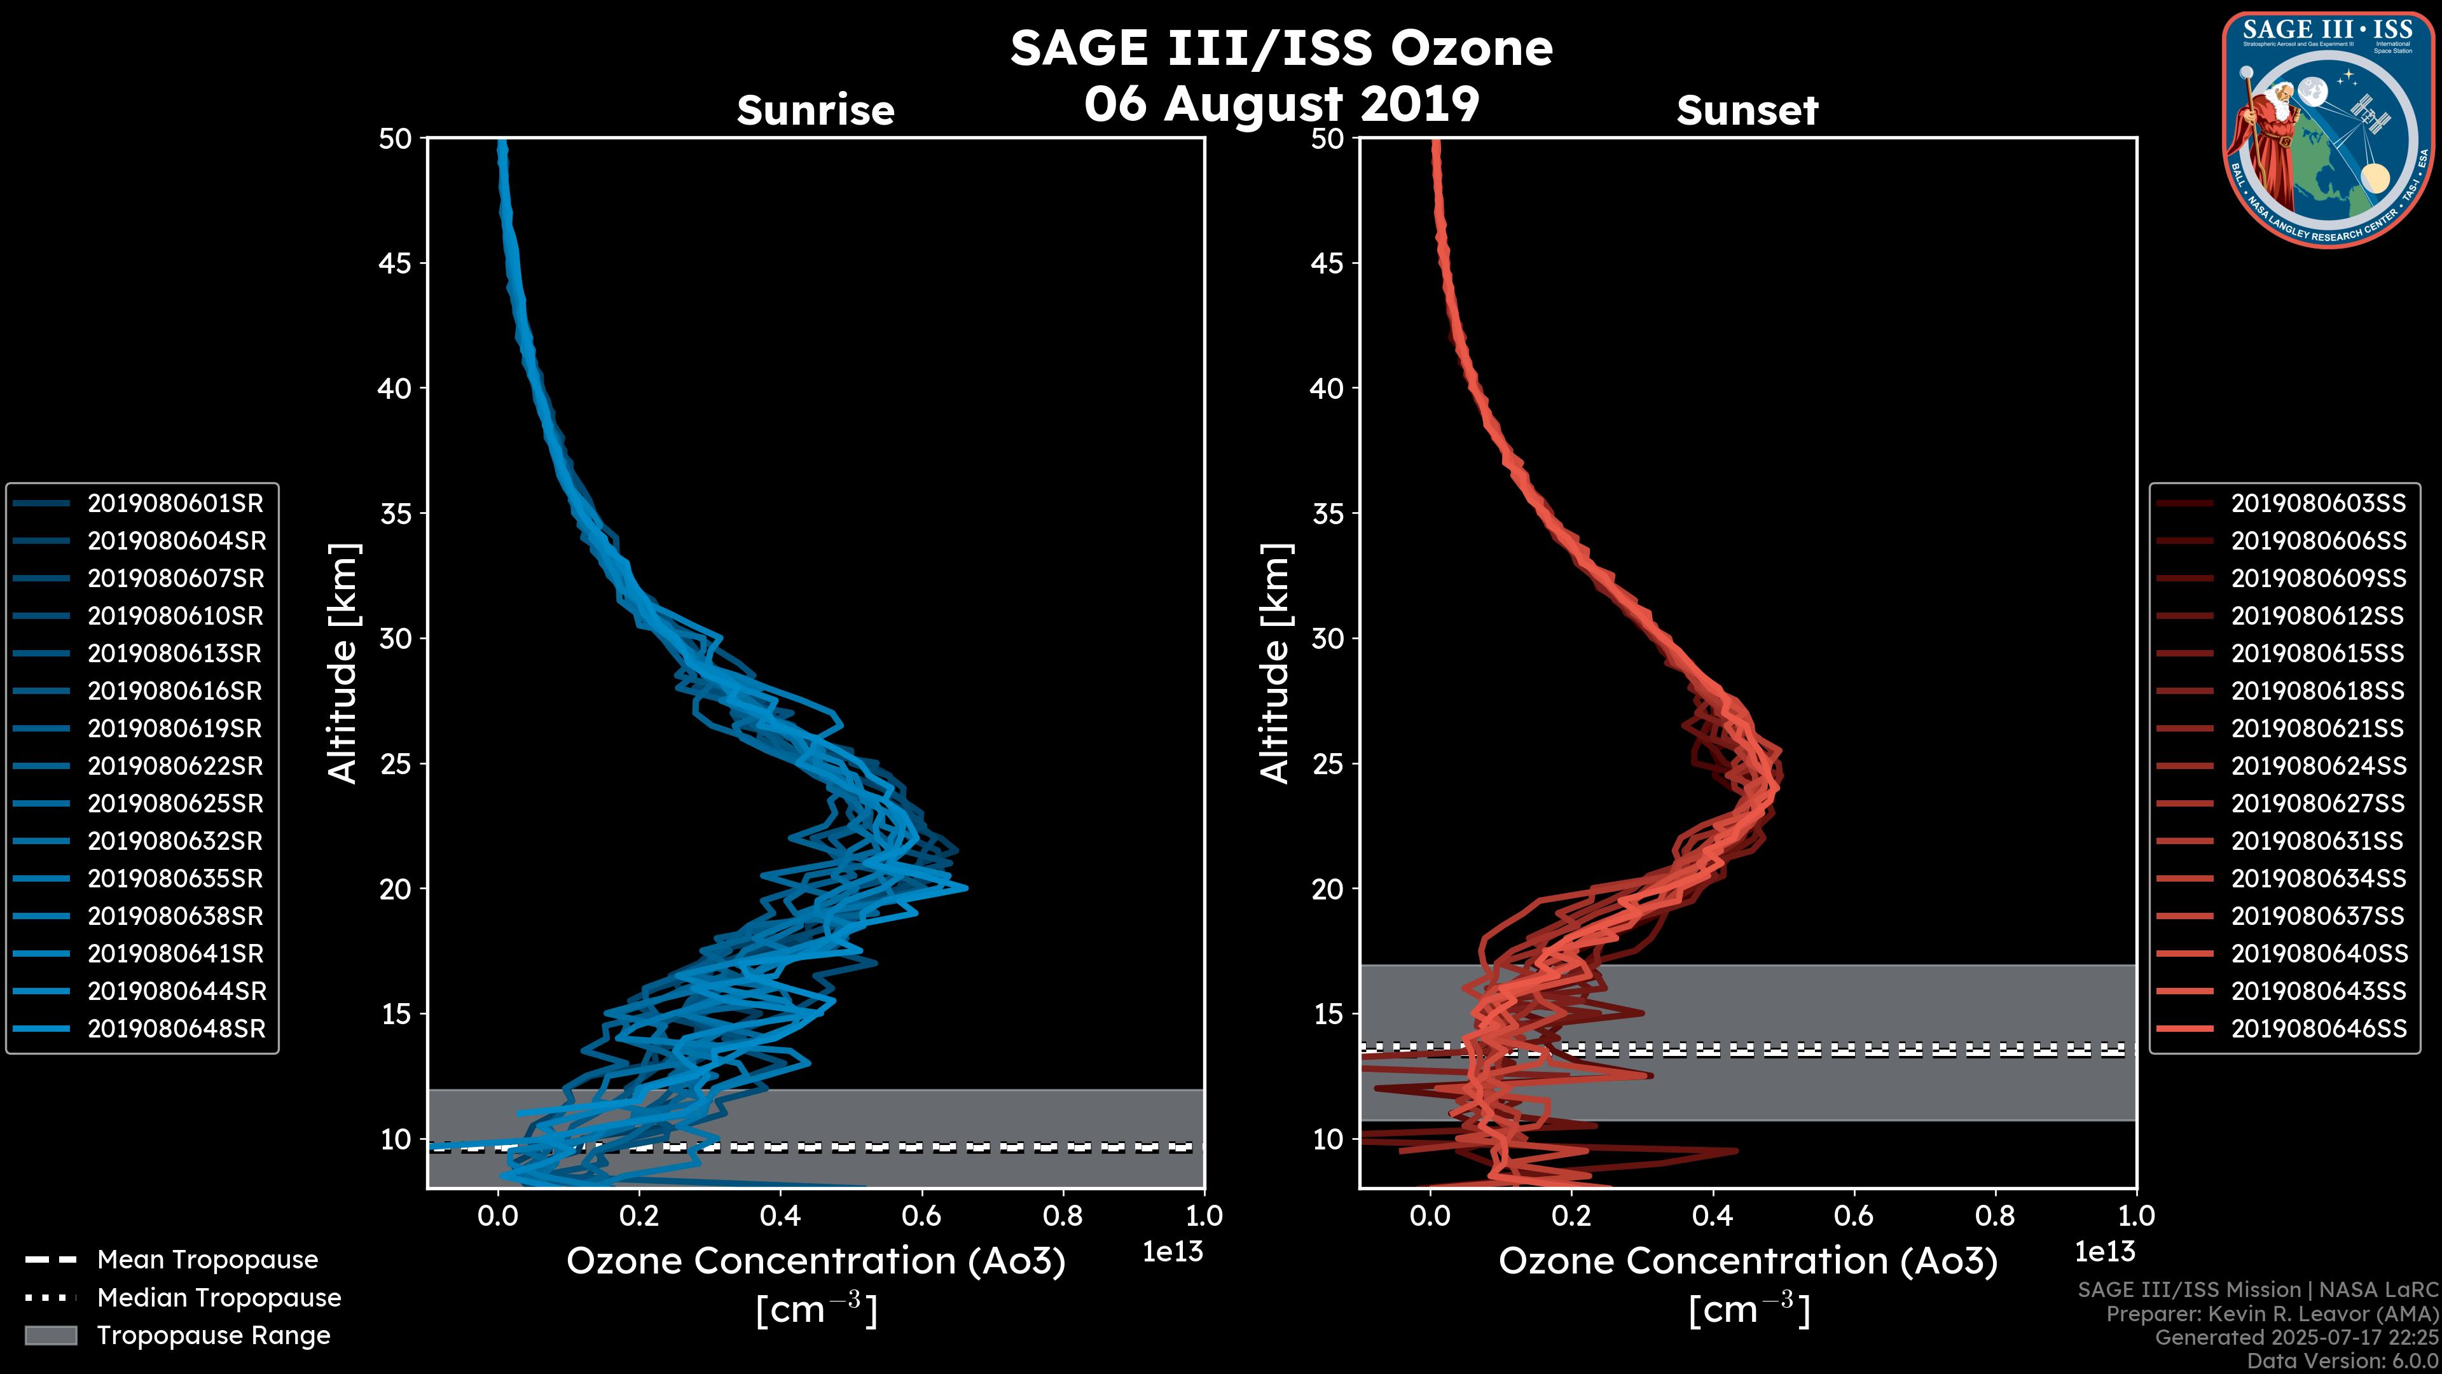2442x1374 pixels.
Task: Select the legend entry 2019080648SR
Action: click(176, 1029)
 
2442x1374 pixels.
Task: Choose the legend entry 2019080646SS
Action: click(2318, 1029)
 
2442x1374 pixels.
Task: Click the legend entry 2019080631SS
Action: click(2318, 841)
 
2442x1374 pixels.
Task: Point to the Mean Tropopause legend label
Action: click(207, 1260)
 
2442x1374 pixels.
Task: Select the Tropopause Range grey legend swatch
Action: click(50, 1335)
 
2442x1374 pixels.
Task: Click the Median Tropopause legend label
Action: click(219, 1298)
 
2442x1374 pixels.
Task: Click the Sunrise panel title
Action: click(815, 111)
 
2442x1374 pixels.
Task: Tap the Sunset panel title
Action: click(1747, 111)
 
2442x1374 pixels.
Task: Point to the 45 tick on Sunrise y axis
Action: click(396, 263)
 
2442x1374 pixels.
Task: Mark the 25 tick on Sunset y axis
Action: click(1327, 764)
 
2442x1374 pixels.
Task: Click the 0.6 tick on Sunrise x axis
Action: click(921, 1216)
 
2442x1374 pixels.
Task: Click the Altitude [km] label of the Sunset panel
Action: click(1275, 663)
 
